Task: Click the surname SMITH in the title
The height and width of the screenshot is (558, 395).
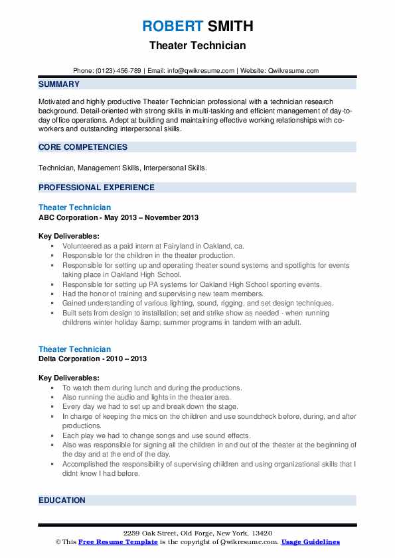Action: coord(229,27)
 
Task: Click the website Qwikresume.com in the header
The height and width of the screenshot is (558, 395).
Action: coord(293,70)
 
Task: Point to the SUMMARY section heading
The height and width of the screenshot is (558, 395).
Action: coord(59,84)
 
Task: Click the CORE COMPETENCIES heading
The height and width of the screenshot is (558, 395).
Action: coord(82,147)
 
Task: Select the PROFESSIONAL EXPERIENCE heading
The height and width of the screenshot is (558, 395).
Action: coord(96,188)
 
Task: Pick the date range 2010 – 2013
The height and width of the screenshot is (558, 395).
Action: coord(129,359)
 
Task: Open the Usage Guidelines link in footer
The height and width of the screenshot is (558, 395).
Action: coord(310,542)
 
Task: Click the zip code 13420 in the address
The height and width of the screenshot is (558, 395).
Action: coord(261,533)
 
